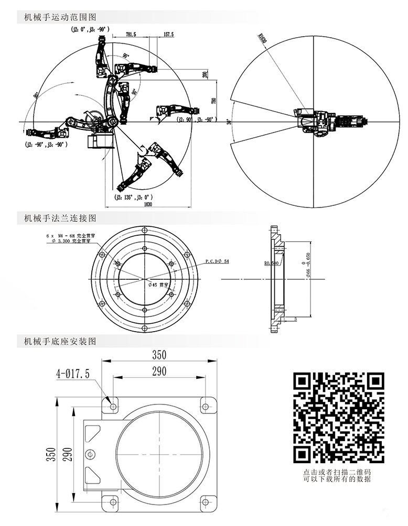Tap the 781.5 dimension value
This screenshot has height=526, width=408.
point(131,34)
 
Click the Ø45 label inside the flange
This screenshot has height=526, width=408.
point(157,284)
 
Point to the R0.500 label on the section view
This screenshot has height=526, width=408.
point(271,263)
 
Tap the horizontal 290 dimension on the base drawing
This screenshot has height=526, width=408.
point(159,371)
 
